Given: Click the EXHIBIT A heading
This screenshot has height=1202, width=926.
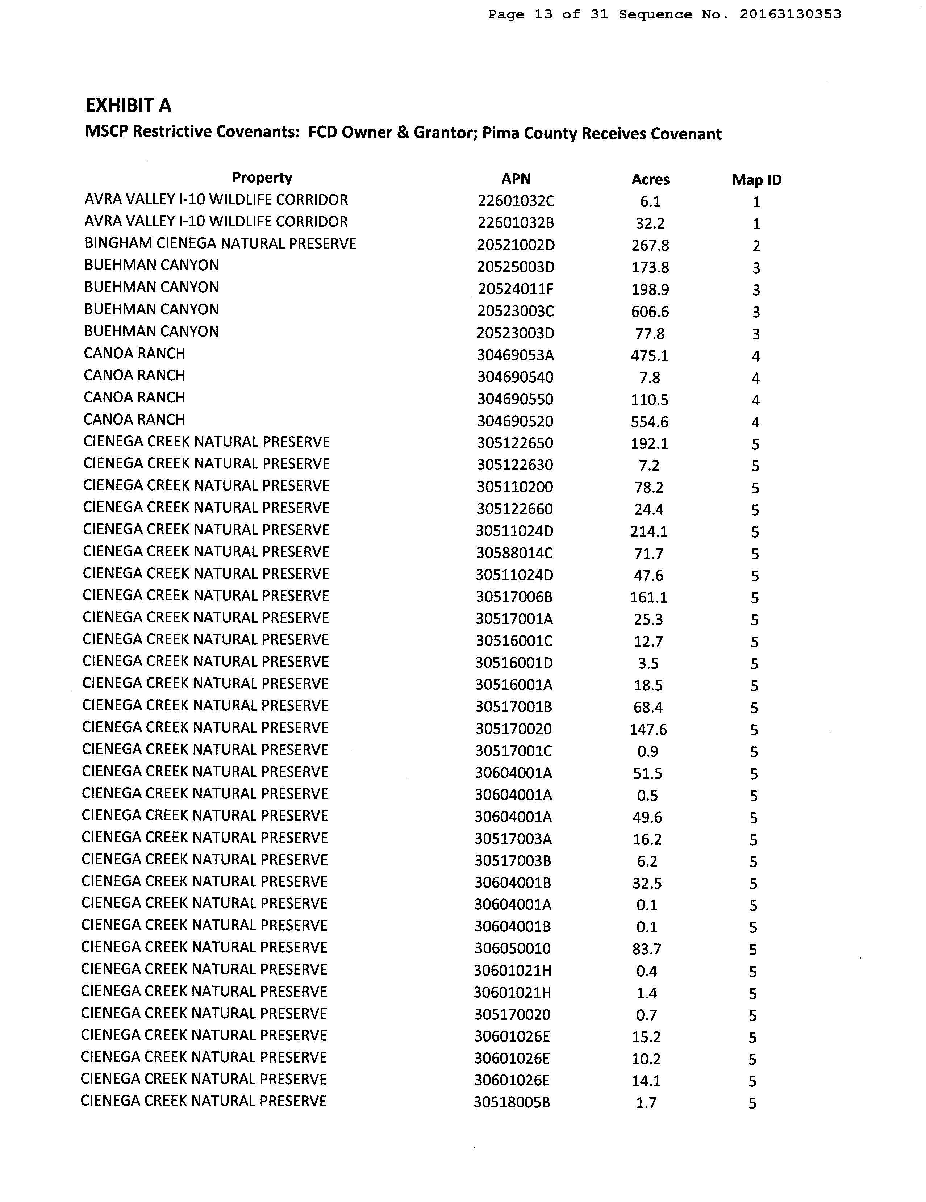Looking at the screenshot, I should coord(128,105).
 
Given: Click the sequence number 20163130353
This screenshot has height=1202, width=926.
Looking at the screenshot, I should coord(790,14).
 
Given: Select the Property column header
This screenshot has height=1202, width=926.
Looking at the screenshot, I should coord(262,178).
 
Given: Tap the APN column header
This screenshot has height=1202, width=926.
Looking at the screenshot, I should coord(516,179).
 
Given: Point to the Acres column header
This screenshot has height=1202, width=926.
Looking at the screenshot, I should coord(650,179).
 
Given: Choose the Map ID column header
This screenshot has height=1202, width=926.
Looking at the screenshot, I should coord(756,180).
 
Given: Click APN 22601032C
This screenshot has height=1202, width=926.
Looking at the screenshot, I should coord(516,201).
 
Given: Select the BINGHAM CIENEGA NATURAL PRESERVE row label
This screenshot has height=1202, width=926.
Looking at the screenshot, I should coord(220,244).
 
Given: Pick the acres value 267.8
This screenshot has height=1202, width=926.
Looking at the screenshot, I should coord(650,246).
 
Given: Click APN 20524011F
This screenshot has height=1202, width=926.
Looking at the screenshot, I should coord(515,289).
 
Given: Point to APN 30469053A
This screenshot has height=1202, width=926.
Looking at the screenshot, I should coord(515,355).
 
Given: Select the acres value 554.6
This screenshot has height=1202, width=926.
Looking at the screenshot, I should coord(650,422).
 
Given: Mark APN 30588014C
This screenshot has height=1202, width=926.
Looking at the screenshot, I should coord(514,554).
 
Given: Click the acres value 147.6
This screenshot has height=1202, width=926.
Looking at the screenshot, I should coord(648,730).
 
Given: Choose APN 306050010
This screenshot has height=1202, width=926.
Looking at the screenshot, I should coord(513,949).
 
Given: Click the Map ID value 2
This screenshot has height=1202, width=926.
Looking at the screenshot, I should coord(756,246).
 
